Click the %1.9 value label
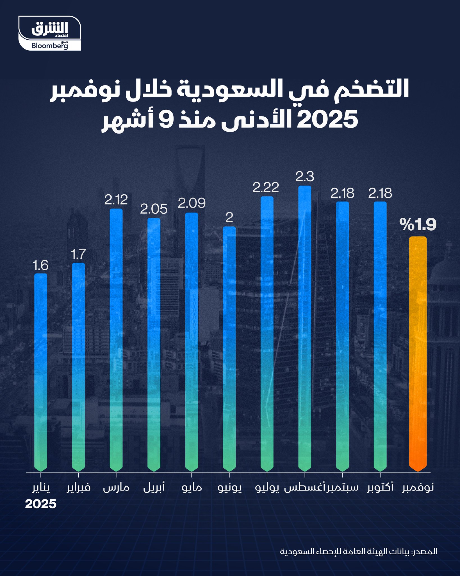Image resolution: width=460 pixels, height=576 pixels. pyautogui.click(x=418, y=225)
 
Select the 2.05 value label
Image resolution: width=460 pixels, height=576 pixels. pyautogui.click(x=154, y=209)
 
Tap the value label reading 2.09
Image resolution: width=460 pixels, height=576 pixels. pyautogui.click(x=192, y=203)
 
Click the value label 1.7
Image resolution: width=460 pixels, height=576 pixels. pyautogui.click(x=78, y=255)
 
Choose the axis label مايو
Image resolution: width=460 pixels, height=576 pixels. pyautogui.click(x=192, y=488)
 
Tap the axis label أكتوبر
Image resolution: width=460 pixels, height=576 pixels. pyautogui.click(x=380, y=488)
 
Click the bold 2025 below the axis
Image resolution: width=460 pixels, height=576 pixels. pyautogui.click(x=41, y=504)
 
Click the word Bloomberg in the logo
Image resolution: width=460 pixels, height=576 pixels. pyautogui.click(x=49, y=46)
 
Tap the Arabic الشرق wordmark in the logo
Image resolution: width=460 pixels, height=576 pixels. pyautogui.click(x=50, y=29)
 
